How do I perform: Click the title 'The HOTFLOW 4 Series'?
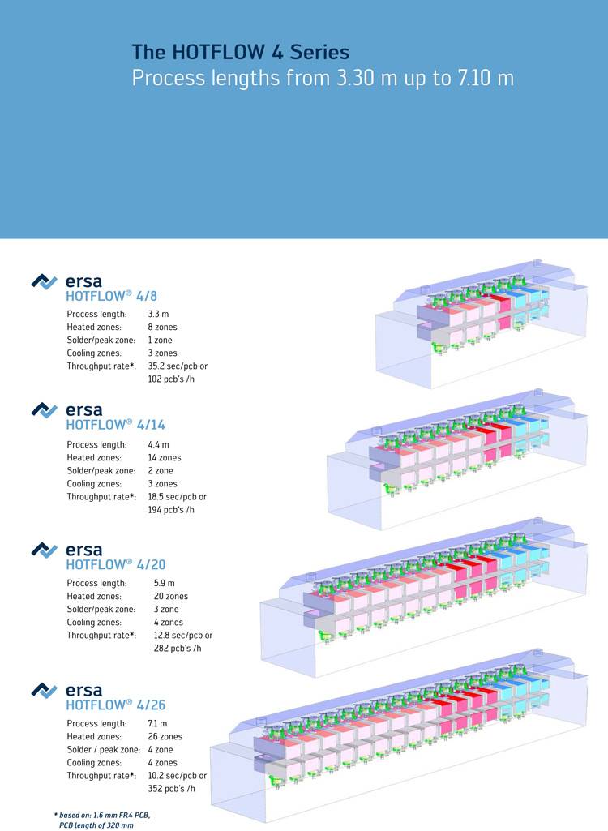pos(241,53)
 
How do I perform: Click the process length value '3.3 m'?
pos(158,314)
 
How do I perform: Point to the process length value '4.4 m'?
pos(158,444)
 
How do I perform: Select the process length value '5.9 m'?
pos(164,583)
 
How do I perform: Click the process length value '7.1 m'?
pos(158,723)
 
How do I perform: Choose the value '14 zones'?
pos(165,457)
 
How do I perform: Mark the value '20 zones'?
pos(171,596)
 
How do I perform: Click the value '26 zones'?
pos(165,736)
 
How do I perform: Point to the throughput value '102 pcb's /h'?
pos(172,379)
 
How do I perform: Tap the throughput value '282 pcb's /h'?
pos(178,649)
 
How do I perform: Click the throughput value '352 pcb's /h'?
pos(172,788)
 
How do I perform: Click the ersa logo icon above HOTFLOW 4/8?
pos(44,281)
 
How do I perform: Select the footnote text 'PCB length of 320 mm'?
pos(96,825)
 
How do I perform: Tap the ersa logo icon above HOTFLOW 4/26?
pos(44,690)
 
